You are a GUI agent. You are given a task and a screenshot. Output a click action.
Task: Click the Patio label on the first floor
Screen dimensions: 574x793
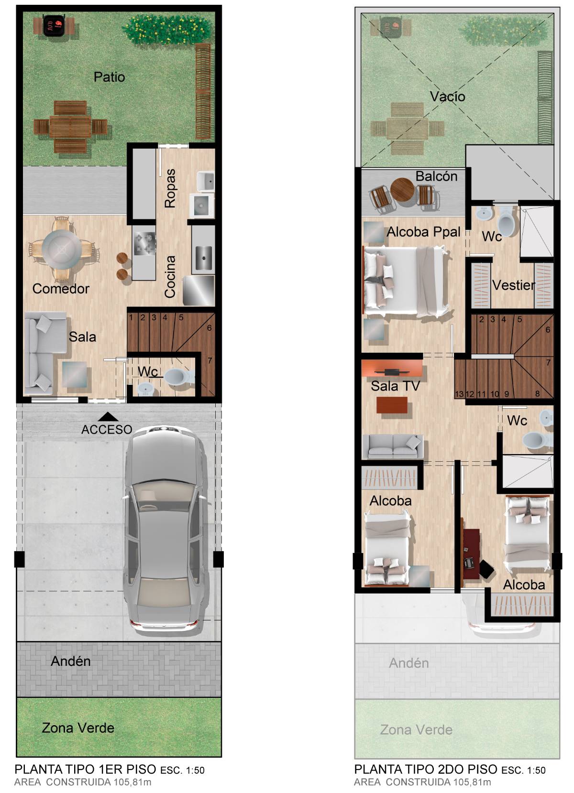click(x=109, y=77)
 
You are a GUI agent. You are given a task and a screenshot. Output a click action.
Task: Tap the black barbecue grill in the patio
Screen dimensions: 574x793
click(x=55, y=25)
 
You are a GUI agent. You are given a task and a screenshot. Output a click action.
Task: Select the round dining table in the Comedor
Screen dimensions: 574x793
click(x=62, y=249)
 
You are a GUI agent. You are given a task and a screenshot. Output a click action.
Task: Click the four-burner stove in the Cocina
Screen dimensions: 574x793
click(x=144, y=243)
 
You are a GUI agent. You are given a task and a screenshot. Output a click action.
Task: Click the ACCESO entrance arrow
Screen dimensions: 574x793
click(x=108, y=416)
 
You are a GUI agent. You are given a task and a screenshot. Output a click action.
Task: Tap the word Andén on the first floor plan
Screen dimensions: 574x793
click(x=70, y=661)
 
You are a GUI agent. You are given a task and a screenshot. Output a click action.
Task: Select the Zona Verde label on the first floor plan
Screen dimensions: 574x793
click(x=78, y=728)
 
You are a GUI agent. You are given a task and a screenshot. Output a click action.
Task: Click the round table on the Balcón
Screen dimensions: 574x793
click(x=403, y=190)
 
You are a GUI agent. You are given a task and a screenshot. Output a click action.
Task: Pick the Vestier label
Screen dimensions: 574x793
click(x=513, y=285)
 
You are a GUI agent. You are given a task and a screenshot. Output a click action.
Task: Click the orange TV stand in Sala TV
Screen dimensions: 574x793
click(x=392, y=369)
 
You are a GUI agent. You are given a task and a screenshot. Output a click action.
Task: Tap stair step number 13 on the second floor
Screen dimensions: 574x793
click(x=460, y=394)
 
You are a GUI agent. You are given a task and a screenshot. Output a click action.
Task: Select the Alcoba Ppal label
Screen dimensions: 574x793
click(x=423, y=232)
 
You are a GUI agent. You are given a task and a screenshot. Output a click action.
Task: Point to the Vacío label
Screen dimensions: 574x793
click(x=448, y=96)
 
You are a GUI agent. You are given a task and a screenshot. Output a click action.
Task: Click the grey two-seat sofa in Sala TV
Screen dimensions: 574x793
click(x=393, y=446)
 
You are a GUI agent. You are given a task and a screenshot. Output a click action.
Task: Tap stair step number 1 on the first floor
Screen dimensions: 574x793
click(x=131, y=317)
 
